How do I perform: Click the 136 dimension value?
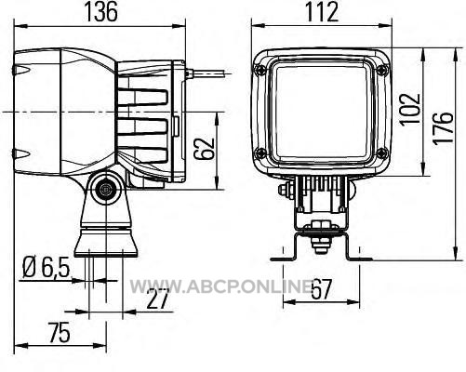point(101,11)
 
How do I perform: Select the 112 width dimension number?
point(322,11)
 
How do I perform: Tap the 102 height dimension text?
point(409,110)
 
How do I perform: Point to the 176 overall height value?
point(443,128)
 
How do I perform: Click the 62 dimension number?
point(204,149)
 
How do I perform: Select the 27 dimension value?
point(158,299)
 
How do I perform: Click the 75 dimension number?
point(60,333)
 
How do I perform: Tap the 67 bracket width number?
point(322,289)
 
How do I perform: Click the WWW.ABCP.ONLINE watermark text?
point(220,286)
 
